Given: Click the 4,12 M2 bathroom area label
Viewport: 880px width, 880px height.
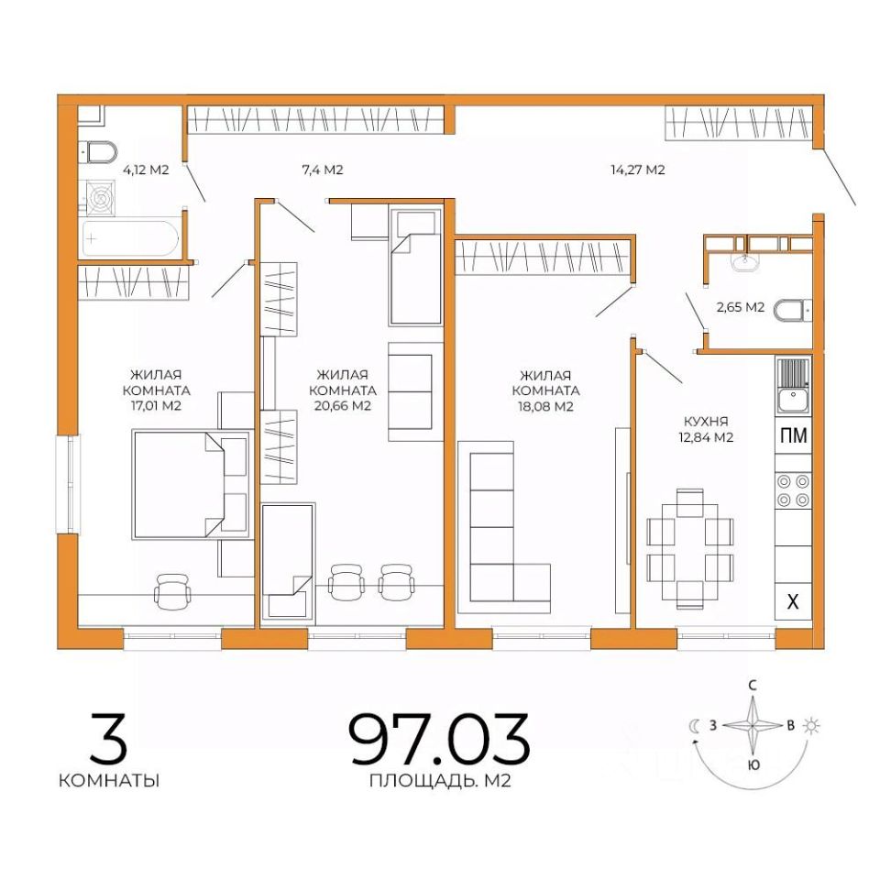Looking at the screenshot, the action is tap(146, 169).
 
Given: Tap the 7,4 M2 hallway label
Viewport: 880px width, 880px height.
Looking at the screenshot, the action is tap(322, 169).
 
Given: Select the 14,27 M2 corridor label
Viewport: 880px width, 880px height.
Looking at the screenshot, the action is tap(638, 169).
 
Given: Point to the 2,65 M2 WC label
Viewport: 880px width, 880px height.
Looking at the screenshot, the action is tap(741, 307).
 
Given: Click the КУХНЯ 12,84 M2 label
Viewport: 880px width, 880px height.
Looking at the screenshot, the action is tap(706, 429).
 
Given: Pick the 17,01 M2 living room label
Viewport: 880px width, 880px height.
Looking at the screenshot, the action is tap(156, 390).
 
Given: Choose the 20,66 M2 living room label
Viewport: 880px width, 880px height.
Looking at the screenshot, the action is tap(342, 390).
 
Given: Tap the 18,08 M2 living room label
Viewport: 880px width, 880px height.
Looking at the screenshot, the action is tap(545, 390).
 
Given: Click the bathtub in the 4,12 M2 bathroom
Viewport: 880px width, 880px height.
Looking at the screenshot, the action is tap(130, 238).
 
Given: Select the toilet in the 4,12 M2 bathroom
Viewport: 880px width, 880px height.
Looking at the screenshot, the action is tap(100, 151).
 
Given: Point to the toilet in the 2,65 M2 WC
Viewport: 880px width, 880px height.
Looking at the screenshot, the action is tap(792, 311).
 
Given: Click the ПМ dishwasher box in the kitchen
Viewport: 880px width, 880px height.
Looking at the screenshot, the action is tap(794, 435).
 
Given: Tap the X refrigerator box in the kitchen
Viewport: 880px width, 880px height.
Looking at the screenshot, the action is tap(793, 601).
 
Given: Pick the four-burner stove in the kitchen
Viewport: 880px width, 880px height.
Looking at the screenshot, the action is tap(794, 490).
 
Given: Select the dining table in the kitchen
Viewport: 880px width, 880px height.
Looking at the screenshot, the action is tap(689, 549).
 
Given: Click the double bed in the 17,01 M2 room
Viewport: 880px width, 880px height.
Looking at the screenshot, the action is tap(192, 485).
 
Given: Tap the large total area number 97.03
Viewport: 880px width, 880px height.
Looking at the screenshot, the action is tap(439, 739).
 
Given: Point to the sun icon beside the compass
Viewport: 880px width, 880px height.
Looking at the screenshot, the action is tap(811, 726).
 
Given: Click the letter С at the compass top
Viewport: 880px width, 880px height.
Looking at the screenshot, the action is tap(753, 686).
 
